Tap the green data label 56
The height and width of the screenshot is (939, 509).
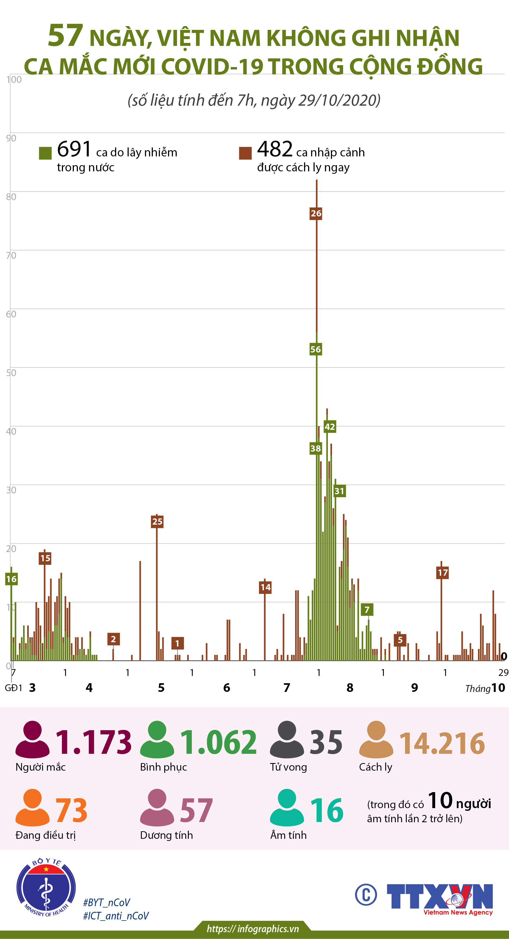315,349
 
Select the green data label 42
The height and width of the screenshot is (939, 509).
330,427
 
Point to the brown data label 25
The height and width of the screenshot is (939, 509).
157,522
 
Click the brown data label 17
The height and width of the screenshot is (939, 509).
442,573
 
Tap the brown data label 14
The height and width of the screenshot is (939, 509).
265,587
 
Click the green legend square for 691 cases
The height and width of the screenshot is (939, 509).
45,153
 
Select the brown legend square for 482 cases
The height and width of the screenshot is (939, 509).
245,153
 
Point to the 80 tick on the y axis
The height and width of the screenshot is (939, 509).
11,197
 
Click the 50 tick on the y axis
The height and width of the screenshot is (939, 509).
11,373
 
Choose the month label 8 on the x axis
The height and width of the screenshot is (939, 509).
350,688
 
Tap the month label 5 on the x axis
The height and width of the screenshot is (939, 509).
161,688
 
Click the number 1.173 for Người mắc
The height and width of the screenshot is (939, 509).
93,742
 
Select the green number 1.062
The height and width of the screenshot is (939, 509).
219,742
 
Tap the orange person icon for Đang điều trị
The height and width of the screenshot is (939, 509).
32,808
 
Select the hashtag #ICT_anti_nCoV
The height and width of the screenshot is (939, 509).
116,916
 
